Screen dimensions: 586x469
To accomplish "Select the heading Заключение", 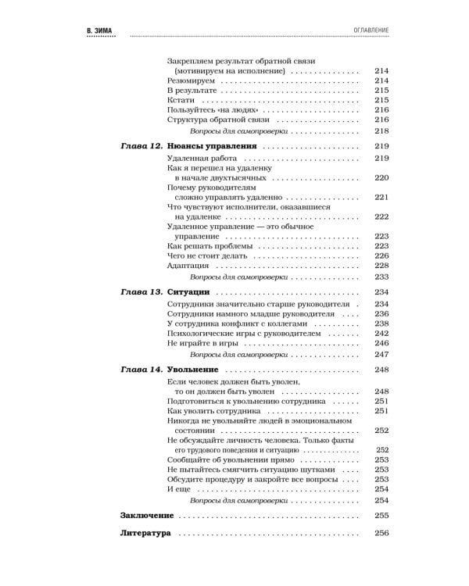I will point(147,515).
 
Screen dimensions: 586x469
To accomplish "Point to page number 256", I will point(381,534).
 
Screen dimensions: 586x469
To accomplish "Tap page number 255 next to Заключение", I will point(381,515).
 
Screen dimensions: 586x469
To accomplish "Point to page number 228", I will point(381,265).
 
